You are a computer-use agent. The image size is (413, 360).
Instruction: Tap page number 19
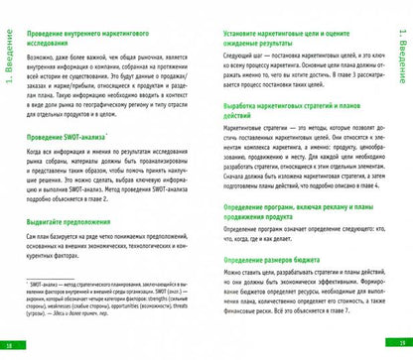point(402,344)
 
